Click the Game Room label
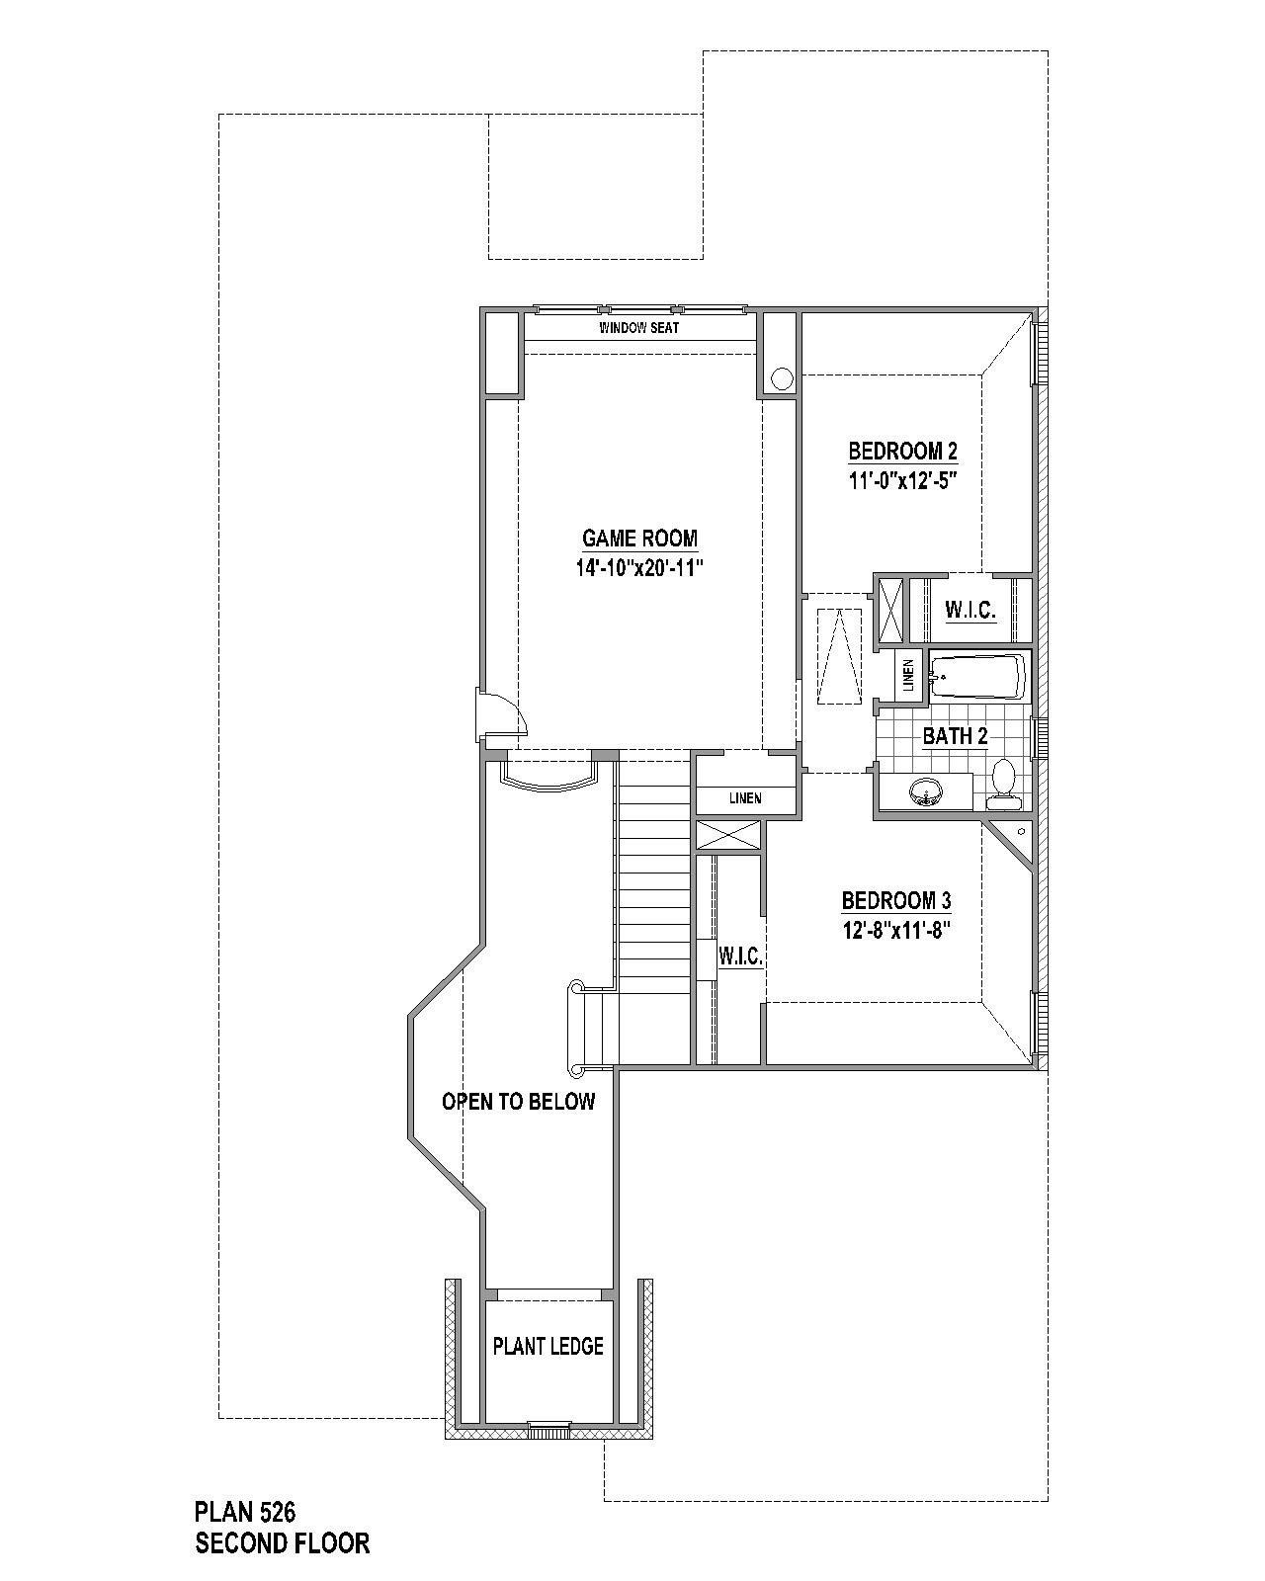[639, 539]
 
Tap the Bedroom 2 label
[902, 451]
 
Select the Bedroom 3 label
[896, 900]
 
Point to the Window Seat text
[638, 328]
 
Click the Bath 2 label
[955, 735]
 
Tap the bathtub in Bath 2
[978, 677]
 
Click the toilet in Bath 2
[1003, 784]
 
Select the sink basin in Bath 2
[925, 791]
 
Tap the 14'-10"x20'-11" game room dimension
[639, 568]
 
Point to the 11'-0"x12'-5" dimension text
[902, 480]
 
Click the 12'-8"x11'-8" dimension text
[896, 930]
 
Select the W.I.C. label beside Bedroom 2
[970, 609]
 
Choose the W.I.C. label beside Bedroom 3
[741, 956]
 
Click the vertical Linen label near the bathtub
[908, 675]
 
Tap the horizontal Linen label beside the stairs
[745, 797]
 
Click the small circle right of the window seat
[782, 379]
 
